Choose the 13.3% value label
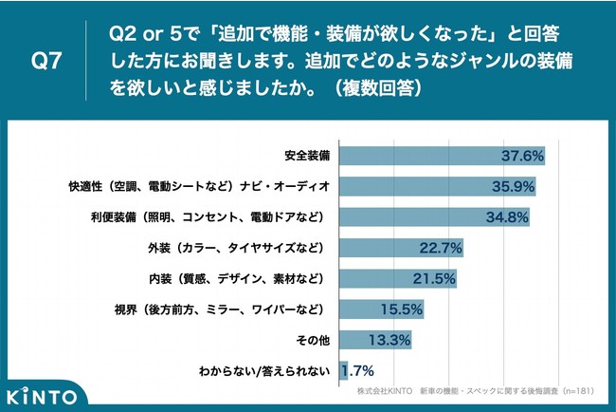(x=388, y=341)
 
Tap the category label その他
(x=311, y=341)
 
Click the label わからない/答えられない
(x=263, y=371)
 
